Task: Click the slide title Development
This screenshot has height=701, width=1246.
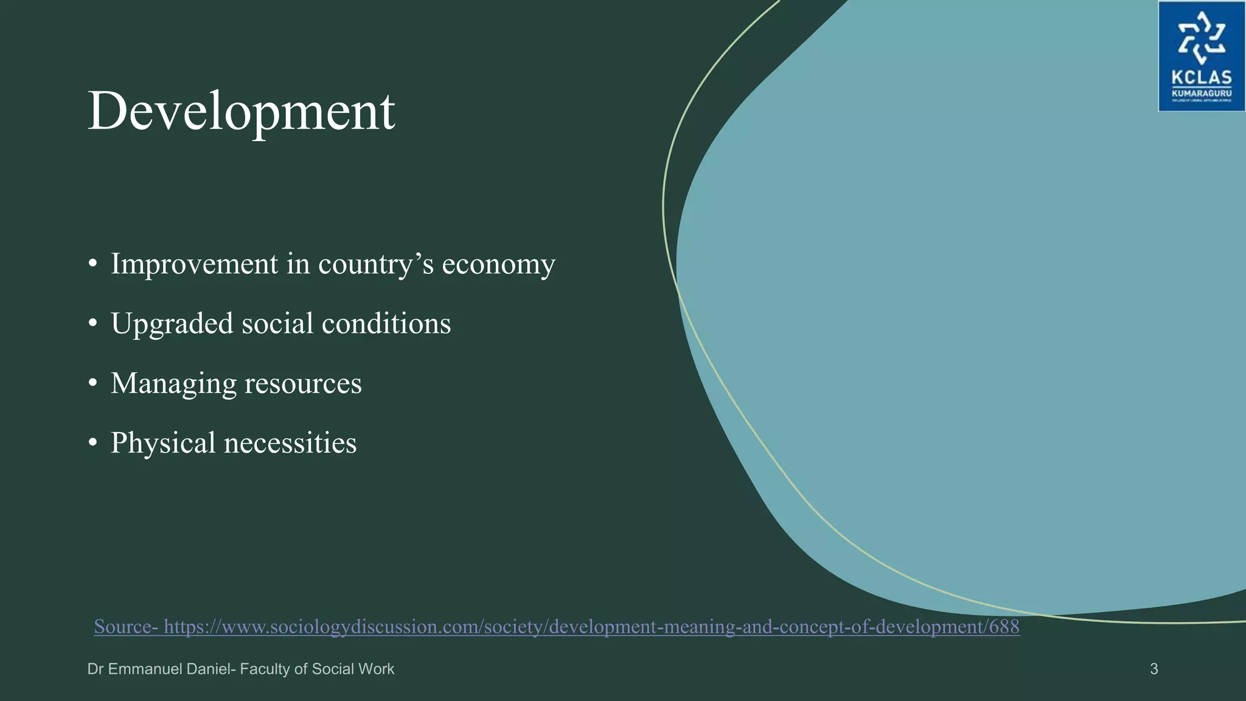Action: [x=241, y=111]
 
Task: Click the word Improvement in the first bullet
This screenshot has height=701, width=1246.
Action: [x=194, y=264]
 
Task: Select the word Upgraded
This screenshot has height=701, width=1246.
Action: [x=172, y=324]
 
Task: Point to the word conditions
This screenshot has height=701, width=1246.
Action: [x=386, y=324]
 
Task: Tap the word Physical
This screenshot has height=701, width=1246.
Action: [x=163, y=444]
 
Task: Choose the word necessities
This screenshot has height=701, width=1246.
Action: [x=290, y=444]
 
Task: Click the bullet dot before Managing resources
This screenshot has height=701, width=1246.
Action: [x=92, y=383]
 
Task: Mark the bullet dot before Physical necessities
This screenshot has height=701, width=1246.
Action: [x=92, y=443]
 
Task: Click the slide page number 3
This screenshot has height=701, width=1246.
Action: [x=1154, y=669]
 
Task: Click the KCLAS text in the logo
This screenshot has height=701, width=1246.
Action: [x=1202, y=78]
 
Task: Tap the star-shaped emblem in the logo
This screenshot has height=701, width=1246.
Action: [x=1201, y=38]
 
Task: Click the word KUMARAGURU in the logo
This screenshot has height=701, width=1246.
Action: [x=1202, y=94]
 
